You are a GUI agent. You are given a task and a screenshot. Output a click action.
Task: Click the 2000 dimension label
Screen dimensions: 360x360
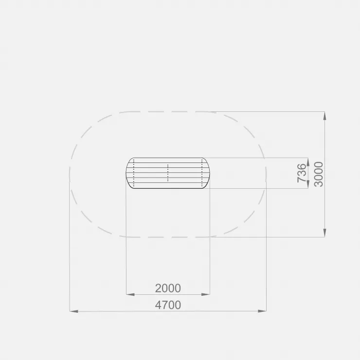[x=168, y=288]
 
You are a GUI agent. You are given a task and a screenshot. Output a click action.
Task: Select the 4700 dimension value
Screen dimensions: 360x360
[x=168, y=305]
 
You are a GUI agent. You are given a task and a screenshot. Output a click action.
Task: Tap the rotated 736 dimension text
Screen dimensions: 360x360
[x=302, y=173]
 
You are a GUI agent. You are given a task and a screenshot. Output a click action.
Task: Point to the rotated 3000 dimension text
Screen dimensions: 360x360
[x=319, y=174]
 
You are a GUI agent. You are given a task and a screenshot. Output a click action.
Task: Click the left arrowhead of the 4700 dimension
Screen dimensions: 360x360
[x=73, y=311]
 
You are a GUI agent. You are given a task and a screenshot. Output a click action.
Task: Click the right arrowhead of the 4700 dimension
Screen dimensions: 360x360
[x=262, y=311]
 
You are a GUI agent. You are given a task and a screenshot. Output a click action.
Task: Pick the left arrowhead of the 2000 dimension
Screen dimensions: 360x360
[x=130, y=294]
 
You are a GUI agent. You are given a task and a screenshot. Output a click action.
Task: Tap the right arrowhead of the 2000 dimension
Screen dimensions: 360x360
[x=205, y=294]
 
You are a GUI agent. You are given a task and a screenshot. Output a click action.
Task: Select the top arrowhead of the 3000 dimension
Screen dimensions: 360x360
[x=324, y=116]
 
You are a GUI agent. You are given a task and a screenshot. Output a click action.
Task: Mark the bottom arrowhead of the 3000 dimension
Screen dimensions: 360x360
[x=324, y=233]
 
